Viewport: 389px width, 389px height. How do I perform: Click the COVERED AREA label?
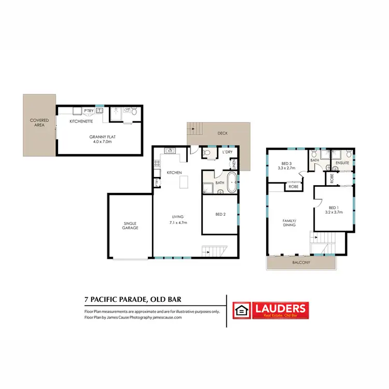click(x=39, y=123)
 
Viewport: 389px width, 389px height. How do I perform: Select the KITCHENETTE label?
click(x=81, y=121)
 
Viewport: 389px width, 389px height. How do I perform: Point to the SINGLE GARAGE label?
click(x=130, y=226)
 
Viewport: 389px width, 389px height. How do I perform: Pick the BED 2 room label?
click(x=220, y=214)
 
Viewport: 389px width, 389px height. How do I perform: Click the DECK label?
click(x=223, y=133)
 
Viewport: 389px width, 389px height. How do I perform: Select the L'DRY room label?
click(x=227, y=152)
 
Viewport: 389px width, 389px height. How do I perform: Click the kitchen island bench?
click(x=183, y=182)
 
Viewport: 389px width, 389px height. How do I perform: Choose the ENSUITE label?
click(x=342, y=163)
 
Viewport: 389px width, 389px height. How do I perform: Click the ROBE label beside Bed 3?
click(x=294, y=186)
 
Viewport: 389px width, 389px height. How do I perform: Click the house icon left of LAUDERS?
click(x=241, y=310)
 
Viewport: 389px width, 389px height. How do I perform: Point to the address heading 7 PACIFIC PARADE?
click(x=133, y=299)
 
